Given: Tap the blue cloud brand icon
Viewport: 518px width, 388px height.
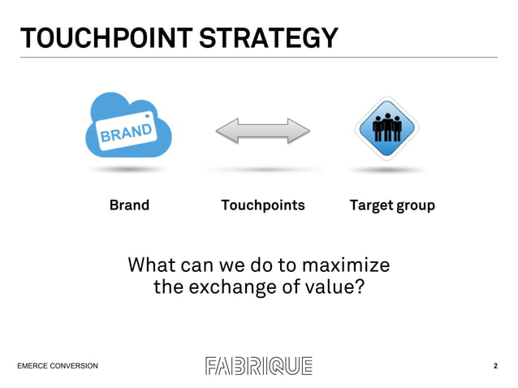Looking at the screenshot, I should [x=129, y=126].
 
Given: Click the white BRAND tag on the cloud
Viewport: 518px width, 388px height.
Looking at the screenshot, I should [x=126, y=132].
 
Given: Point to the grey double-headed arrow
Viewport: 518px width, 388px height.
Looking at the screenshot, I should [x=262, y=130].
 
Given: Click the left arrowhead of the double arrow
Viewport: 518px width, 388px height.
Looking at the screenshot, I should [x=225, y=130].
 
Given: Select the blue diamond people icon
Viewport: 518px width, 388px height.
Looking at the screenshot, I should [x=386, y=128].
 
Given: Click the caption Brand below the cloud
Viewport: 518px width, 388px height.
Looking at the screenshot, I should [x=129, y=205].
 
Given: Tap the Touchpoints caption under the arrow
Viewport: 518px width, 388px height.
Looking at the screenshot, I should [x=262, y=205].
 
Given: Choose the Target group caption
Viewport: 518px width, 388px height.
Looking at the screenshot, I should [x=392, y=205].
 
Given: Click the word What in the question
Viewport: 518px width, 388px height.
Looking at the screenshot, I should [x=154, y=265].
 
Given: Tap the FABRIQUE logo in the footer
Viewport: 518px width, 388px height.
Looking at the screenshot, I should [x=258, y=366].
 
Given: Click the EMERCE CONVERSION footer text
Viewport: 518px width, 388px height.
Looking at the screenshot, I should [x=58, y=366].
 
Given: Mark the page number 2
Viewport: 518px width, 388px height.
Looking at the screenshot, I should [x=495, y=366].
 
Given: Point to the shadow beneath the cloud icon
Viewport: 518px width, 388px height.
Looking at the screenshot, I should [x=127, y=170].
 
